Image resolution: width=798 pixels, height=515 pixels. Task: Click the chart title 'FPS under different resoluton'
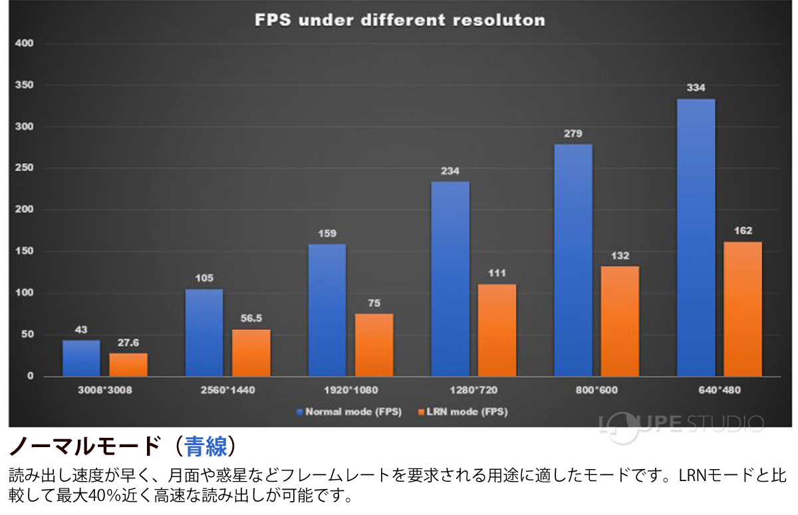[x=400, y=20]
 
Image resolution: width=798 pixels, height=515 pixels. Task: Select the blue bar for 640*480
[x=696, y=238]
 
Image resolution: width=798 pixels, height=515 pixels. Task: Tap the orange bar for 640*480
[x=742, y=309]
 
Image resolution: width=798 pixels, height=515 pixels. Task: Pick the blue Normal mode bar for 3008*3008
[x=81, y=359]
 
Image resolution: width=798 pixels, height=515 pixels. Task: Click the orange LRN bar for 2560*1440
[x=251, y=353]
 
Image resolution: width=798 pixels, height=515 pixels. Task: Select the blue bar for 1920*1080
[x=327, y=310]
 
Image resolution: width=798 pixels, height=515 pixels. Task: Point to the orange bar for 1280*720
[x=497, y=330]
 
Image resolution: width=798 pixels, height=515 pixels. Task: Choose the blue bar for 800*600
[x=573, y=260]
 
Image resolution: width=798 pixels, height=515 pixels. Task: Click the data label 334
[x=696, y=88]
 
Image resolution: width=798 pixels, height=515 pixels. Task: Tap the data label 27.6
[x=128, y=343]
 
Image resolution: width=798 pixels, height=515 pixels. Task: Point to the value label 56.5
[x=251, y=319]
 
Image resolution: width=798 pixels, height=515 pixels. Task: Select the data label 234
[x=450, y=171]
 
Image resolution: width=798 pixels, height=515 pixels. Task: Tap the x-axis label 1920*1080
[x=350, y=390]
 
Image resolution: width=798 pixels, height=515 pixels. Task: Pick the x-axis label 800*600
[x=597, y=390]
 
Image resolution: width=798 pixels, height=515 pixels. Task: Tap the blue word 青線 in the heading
[x=206, y=446]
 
